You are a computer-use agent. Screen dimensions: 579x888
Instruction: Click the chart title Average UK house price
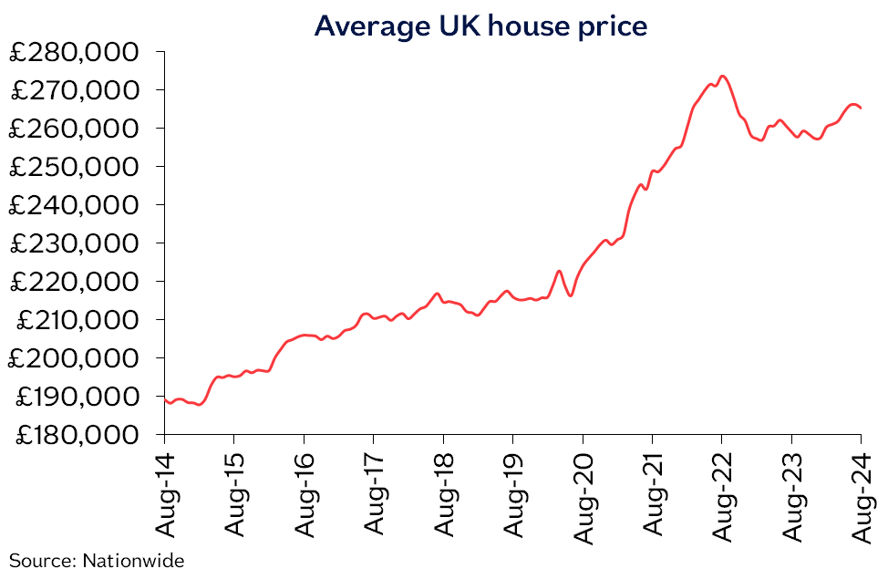click(480, 26)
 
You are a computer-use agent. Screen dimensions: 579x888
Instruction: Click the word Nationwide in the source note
click(133, 560)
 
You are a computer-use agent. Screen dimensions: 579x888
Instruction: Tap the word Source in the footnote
click(42, 560)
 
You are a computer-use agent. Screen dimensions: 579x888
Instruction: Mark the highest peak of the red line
click(722, 76)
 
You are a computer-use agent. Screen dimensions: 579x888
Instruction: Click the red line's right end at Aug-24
click(862, 109)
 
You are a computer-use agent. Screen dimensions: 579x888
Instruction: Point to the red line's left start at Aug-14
click(165, 399)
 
